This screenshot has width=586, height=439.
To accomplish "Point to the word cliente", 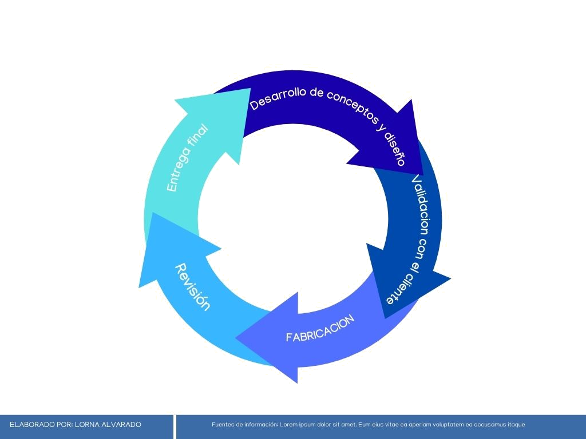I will click(x=399, y=289).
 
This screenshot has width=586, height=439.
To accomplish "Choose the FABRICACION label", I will click(x=320, y=328).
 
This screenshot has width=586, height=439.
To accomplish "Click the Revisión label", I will click(x=192, y=286).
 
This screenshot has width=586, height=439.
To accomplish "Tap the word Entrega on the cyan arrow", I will click(x=177, y=171).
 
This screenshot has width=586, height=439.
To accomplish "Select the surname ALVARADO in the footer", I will click(x=121, y=425).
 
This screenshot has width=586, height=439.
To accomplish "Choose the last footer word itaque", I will click(x=516, y=425).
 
